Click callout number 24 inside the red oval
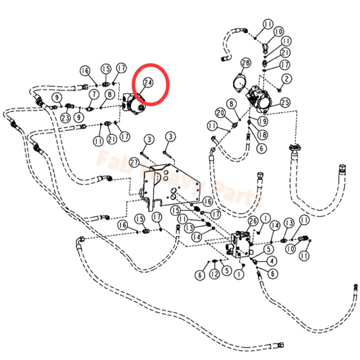(x=148, y=82)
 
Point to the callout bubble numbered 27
(x=134, y=162)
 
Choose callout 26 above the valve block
(x=252, y=221)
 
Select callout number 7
(x=94, y=94)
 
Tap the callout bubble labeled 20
(x=220, y=112)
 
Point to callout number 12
(x=215, y=273)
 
